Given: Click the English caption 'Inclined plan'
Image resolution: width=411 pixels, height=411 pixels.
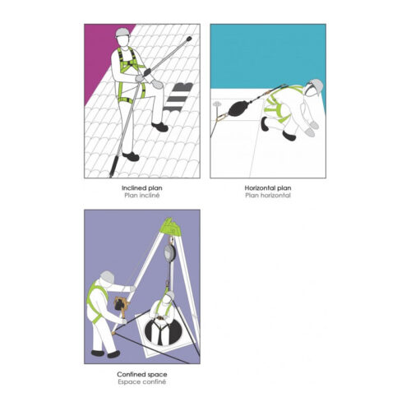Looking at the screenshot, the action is point(142,188).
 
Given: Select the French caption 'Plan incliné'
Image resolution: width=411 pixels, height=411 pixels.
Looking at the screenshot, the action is point(142,196).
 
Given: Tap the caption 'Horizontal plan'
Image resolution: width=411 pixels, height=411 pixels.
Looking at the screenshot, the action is point(268,188).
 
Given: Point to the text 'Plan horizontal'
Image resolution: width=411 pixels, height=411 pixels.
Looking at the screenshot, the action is point(268,196).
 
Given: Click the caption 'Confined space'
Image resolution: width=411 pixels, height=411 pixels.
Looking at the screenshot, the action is point(142,374).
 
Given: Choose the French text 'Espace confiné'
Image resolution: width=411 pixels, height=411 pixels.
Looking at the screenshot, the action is point(142,381).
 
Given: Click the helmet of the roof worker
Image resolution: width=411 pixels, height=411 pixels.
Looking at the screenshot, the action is point(122,32).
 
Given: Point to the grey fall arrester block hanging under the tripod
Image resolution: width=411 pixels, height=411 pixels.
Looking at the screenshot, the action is point(169,252).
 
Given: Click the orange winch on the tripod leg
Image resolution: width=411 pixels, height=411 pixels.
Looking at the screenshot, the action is point(121,304).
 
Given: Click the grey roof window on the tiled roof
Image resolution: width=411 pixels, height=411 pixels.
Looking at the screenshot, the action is point(178,97).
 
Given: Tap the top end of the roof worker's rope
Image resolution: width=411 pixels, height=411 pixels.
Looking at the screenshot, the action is point(189,39).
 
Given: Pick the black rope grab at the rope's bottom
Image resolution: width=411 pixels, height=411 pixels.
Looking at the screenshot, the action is point(113,167).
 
